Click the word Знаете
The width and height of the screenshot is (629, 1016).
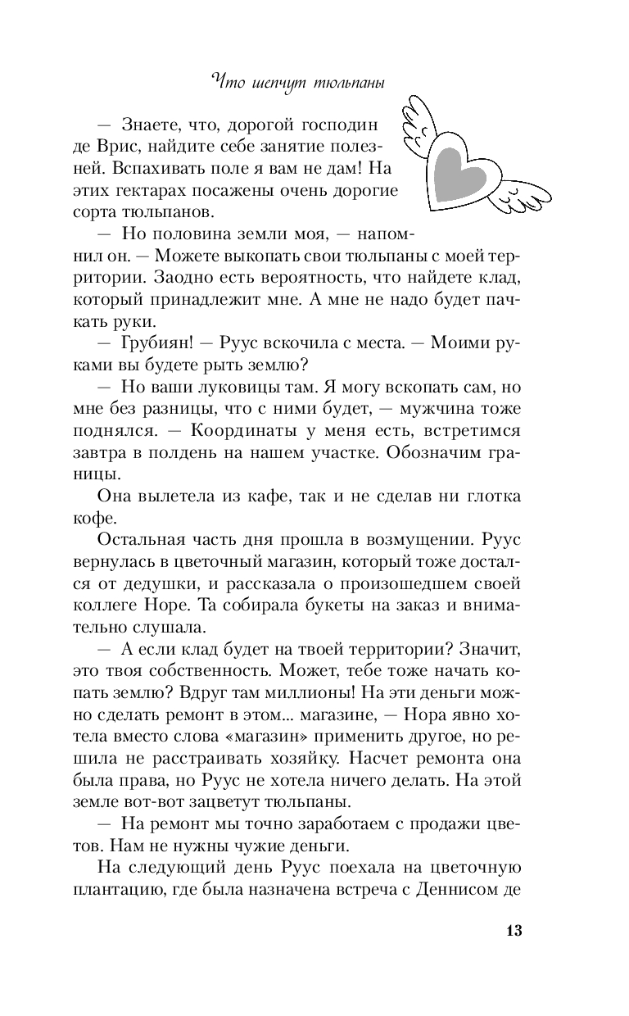pos(151,127)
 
